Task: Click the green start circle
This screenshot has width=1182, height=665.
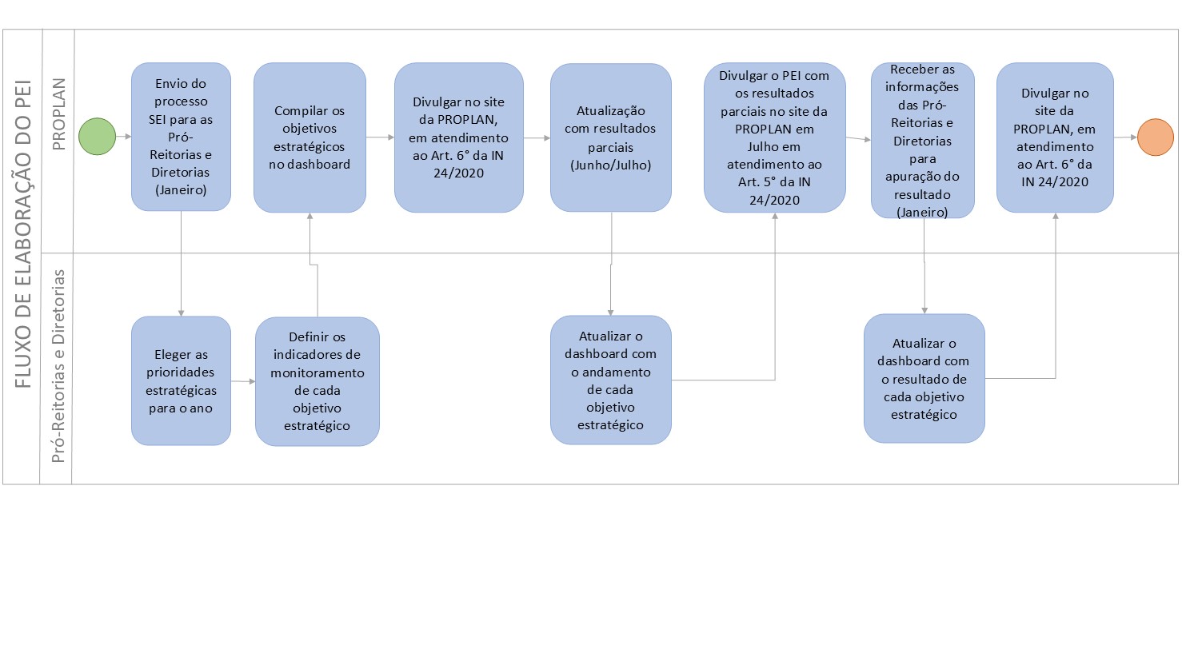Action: pos(97,137)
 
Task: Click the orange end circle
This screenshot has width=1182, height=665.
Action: pos(1156,137)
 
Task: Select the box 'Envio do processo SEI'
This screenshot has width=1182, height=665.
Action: pos(181,137)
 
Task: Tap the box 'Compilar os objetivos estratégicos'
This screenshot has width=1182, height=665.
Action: pos(309,137)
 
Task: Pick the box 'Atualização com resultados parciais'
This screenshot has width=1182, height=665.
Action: pos(611,137)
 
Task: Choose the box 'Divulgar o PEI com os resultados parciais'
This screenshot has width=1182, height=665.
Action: pos(775,137)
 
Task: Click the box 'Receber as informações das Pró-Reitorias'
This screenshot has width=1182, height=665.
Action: pos(923,141)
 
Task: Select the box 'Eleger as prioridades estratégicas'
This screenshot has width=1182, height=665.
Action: pos(181,380)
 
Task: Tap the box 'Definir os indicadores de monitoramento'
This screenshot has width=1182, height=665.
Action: pos(317,381)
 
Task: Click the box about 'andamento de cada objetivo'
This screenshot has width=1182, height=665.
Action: pos(611,380)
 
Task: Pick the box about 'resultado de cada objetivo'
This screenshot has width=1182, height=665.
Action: pos(924,378)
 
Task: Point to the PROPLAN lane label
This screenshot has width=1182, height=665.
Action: pos(58,114)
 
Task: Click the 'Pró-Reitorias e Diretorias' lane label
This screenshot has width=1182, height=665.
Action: pos(58,366)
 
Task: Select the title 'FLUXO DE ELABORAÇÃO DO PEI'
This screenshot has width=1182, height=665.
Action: pos(23,234)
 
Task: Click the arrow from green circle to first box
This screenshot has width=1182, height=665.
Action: pos(123,137)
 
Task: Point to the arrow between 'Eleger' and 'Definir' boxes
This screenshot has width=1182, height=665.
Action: pos(243,381)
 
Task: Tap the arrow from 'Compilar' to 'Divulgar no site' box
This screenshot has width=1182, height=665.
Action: pos(381,137)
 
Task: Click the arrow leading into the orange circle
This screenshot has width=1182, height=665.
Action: pos(1125,137)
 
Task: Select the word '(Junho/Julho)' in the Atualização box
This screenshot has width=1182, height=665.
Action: pos(610,165)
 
